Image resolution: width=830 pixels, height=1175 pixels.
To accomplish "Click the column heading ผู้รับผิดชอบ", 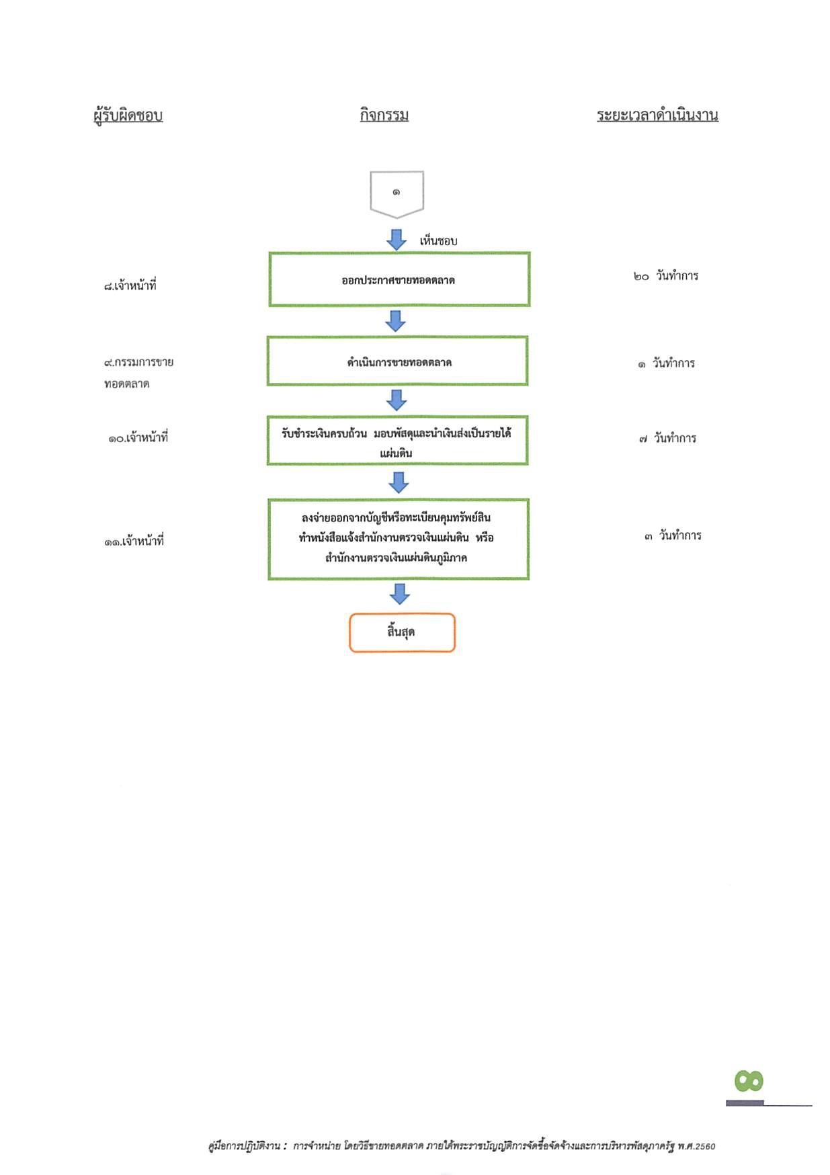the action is tap(128, 115).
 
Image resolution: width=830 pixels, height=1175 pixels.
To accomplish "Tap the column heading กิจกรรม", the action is tap(384, 115).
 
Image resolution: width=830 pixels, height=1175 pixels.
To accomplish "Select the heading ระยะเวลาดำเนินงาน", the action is tap(657, 115).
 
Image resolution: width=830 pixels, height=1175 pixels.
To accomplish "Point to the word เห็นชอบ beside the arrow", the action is tap(438, 241).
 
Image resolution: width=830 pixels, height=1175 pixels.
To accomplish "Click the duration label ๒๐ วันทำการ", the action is tap(666, 275).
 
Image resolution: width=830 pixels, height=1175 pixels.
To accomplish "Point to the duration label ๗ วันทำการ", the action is tap(667, 438).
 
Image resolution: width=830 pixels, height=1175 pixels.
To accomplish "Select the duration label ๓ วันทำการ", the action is tap(673, 535).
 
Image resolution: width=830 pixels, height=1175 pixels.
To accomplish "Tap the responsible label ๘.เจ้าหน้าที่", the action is tap(130, 286).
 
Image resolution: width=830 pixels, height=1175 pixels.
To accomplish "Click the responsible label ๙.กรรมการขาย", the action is tap(138, 362).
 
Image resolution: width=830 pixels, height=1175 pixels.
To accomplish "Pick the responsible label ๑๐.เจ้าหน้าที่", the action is tap(138, 438).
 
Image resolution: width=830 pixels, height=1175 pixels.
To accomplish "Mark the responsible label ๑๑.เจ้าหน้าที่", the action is tap(134, 541).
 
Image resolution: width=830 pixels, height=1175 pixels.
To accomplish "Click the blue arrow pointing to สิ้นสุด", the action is tap(400, 593).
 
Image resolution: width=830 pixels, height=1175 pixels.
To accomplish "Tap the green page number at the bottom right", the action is tap(749, 1081).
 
